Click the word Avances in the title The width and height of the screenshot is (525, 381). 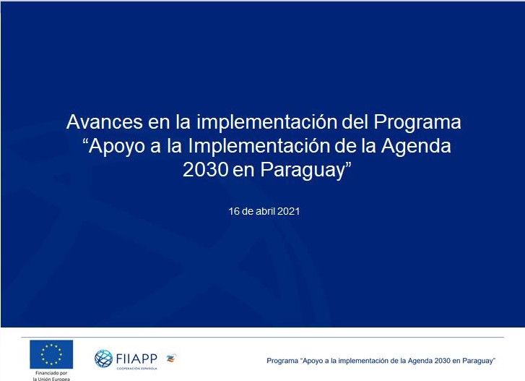pyautogui.click(x=105, y=122)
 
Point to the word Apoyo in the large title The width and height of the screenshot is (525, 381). pyautogui.click(x=113, y=147)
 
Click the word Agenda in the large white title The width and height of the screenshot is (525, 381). pyautogui.click(x=416, y=147)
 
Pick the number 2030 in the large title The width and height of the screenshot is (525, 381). pyautogui.click(x=206, y=170)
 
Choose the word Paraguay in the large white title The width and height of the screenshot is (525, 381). pyautogui.click(x=303, y=171)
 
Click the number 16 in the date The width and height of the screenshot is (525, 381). pyautogui.click(x=234, y=211)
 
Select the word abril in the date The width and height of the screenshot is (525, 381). pyautogui.click(x=265, y=211)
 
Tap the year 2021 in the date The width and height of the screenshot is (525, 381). pyautogui.click(x=289, y=211)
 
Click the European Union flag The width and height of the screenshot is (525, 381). pyautogui.click(x=51, y=354)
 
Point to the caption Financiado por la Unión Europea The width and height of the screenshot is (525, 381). pyautogui.click(x=51, y=376)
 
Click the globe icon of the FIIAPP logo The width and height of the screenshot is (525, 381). pyautogui.click(x=103, y=359)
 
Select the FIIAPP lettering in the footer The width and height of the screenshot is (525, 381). pyautogui.click(x=136, y=359)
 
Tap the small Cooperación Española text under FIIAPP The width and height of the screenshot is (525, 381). pyautogui.click(x=136, y=368)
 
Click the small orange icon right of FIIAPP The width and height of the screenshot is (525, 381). pyautogui.click(x=171, y=358)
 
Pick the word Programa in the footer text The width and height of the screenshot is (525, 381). pyautogui.click(x=282, y=361)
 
